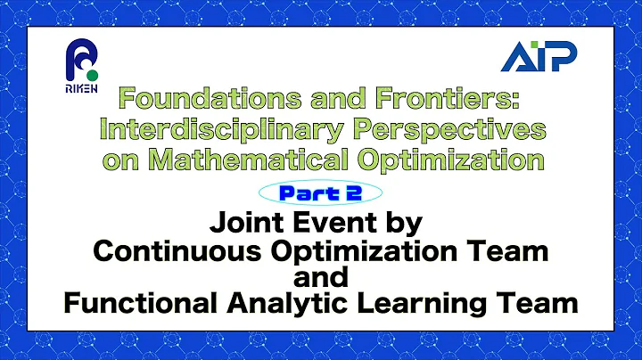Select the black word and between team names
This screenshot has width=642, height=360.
click(321, 277)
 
